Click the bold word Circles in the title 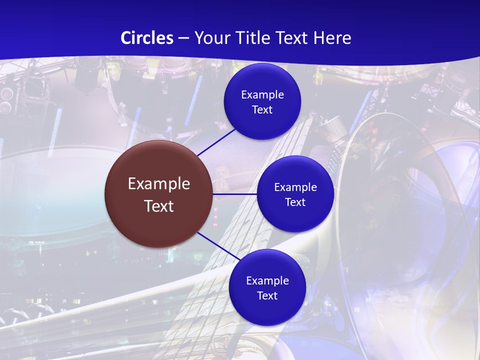pos(147,38)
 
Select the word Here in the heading pos(332,38)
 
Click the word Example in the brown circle pos(159,184)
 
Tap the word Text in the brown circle pos(159,206)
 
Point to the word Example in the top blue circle pos(262,95)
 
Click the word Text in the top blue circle pos(262,110)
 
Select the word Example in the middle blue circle pos(295,187)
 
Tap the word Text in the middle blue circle pos(295,202)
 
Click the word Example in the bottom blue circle pos(267,281)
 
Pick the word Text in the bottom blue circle pos(267,296)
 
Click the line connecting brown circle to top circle pos(216,142)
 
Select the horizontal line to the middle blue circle pos(234,194)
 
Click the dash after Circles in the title pos(183,38)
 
